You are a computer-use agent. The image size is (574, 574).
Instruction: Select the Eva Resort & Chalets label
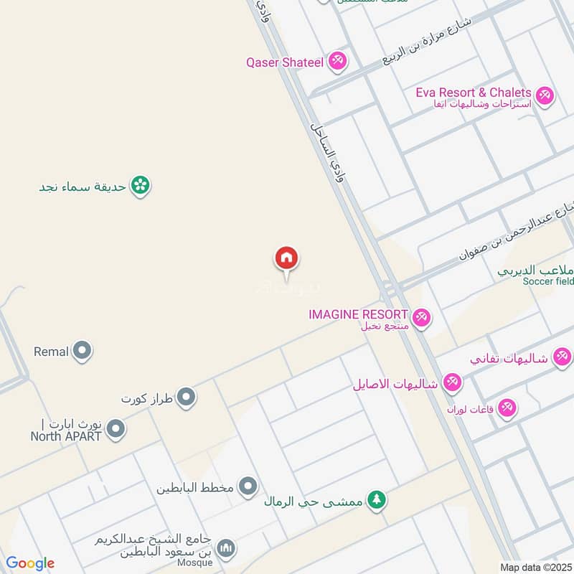click(474, 93)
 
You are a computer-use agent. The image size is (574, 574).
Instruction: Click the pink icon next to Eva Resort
click(545, 95)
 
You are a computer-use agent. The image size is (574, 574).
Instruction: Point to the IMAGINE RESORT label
click(358, 314)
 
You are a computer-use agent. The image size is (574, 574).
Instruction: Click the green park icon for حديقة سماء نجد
click(141, 187)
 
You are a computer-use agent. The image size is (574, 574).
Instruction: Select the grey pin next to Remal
click(83, 352)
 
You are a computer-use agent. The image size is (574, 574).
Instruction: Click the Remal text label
click(51, 352)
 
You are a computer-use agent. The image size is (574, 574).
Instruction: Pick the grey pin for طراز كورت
click(187, 397)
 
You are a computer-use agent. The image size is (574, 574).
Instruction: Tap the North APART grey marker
click(116, 430)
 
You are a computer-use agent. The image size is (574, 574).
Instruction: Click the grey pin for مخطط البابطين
click(248, 488)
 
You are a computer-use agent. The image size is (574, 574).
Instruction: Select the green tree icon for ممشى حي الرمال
click(376, 500)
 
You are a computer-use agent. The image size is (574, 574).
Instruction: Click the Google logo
click(30, 563)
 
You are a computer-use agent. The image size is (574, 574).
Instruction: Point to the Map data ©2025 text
click(535, 567)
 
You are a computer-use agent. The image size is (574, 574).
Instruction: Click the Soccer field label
click(548, 281)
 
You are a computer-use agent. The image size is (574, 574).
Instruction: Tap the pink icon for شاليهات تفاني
click(563, 357)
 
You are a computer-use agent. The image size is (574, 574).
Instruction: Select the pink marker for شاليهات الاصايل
click(452, 383)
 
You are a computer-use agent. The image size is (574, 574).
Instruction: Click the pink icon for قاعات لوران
click(507, 408)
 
